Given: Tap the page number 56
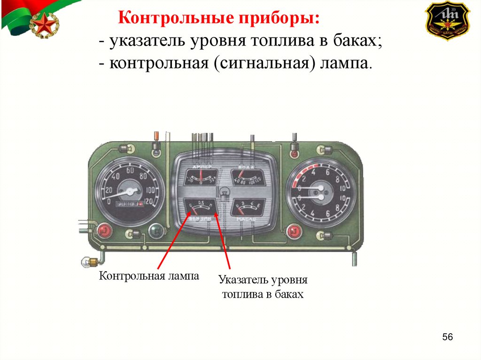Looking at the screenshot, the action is [x=447, y=337].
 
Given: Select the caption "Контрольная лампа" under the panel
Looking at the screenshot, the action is [x=149, y=276].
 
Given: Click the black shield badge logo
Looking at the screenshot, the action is [x=447, y=20].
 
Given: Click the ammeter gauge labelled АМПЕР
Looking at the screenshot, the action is [x=201, y=177].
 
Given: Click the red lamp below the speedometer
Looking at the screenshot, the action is [x=104, y=231].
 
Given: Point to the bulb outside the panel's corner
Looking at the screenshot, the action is [x=87, y=261].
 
